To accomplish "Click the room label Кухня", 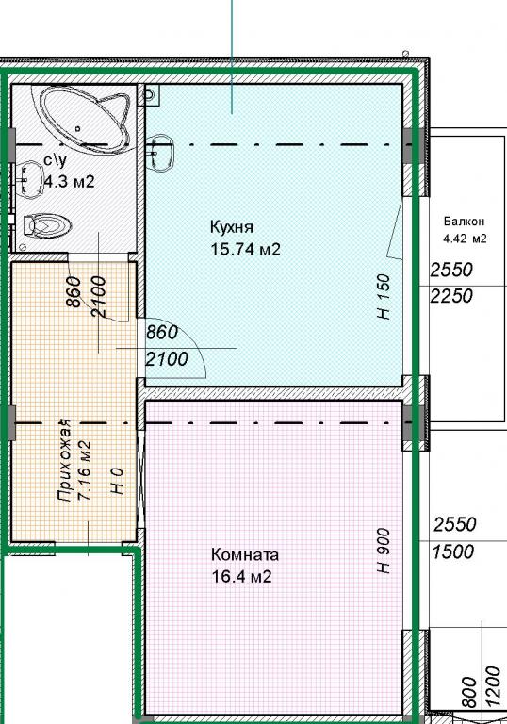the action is [x=232, y=227].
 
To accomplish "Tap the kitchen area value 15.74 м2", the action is [x=245, y=250].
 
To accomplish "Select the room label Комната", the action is [x=245, y=554].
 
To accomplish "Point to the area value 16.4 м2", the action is [x=241, y=577].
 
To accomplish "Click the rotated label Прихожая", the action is [x=64, y=460].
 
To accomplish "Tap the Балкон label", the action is [x=464, y=222].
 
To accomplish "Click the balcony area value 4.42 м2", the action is [x=465, y=239].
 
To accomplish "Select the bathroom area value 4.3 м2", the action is [x=69, y=181].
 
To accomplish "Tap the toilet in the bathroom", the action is [x=46, y=225].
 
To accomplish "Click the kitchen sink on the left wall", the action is [x=162, y=153].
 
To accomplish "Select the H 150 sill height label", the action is [x=384, y=296].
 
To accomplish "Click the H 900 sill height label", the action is [x=384, y=551].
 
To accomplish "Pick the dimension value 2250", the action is [x=451, y=296].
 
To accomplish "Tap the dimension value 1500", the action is [x=453, y=551].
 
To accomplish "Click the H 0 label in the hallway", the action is [x=117, y=481].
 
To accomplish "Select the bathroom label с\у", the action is [x=56, y=160].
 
